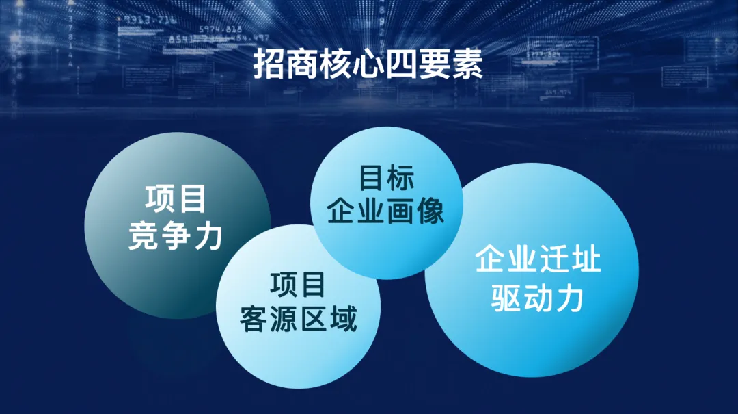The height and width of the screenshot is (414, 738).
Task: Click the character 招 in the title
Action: click(x=269, y=64)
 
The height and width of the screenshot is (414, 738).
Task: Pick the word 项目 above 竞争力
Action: click(x=176, y=198)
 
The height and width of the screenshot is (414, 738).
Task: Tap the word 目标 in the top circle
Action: click(x=386, y=178)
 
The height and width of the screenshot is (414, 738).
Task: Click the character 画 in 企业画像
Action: click(x=400, y=211)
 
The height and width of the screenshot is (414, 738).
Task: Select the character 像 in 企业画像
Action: click(x=430, y=211)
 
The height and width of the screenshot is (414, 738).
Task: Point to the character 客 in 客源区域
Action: click(x=254, y=319)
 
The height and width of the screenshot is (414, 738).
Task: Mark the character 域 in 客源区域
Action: click(x=344, y=319)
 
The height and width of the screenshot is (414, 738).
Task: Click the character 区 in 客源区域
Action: click(x=314, y=319)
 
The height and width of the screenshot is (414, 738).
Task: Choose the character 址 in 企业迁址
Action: click(x=586, y=259)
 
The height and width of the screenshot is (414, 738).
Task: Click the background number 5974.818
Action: click(x=220, y=29)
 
